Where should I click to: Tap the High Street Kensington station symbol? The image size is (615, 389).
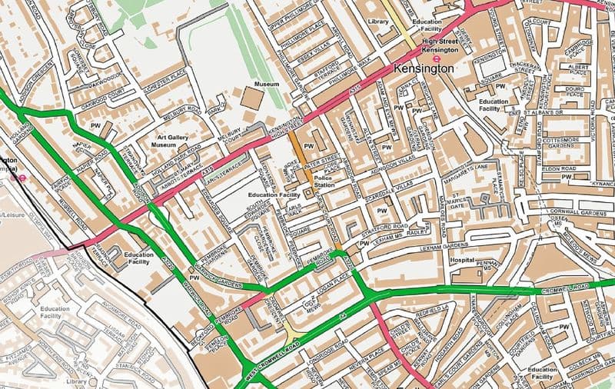(436, 57)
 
